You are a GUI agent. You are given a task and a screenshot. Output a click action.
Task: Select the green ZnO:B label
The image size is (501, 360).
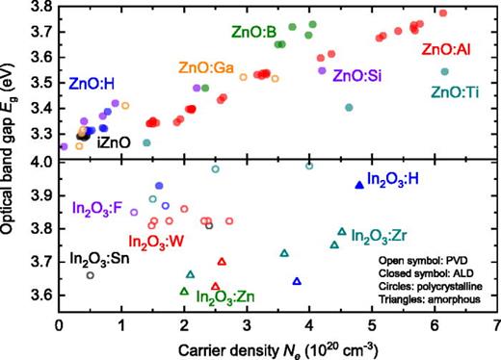[256, 32]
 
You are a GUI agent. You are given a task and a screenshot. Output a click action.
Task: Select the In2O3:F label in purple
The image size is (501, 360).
[97, 207]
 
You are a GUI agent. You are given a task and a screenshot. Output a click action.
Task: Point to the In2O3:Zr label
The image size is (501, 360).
[384, 234]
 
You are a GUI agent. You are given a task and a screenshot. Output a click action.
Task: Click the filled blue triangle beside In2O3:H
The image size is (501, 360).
[359, 185]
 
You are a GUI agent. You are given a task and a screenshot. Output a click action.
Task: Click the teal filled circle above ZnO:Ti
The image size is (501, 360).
[444, 71]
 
